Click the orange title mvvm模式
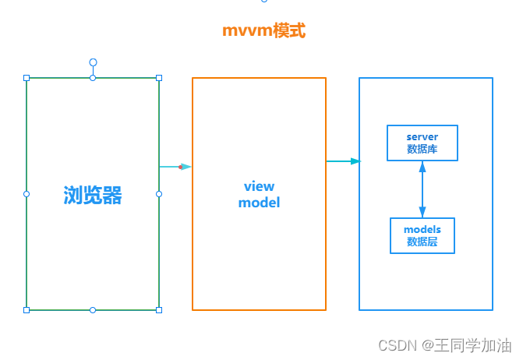[x=263, y=31]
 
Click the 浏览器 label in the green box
[x=93, y=195]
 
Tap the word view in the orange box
[x=259, y=186]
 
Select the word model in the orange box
[x=259, y=203]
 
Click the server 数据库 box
[x=422, y=143]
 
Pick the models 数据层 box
[x=422, y=235]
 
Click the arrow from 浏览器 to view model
[x=175, y=166]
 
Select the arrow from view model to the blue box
[x=343, y=161]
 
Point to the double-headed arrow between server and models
[x=422, y=189]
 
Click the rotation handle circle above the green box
[x=93, y=62]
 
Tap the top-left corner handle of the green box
[x=27, y=78]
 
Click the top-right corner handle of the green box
[x=159, y=78]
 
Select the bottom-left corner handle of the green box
[x=27, y=310]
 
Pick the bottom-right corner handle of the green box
[x=159, y=310]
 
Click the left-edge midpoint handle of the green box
[x=27, y=194]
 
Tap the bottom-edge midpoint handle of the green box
[x=93, y=310]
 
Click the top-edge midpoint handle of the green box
[x=93, y=78]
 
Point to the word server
[x=422, y=137]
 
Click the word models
[x=422, y=229]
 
